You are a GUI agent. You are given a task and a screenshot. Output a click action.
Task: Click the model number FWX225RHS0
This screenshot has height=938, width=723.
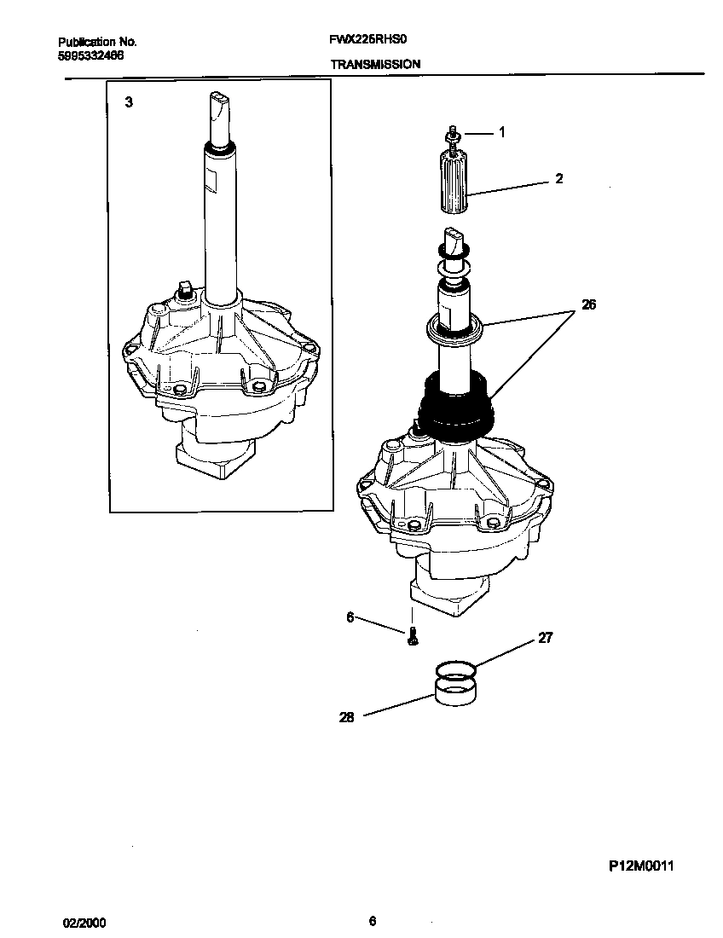pos(372,40)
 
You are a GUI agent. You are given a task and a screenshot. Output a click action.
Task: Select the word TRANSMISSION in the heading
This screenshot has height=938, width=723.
pos(374,64)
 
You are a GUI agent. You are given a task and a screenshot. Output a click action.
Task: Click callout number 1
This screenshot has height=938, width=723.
pos(501,132)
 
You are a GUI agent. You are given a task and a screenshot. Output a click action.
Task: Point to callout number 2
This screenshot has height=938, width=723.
pos(558,179)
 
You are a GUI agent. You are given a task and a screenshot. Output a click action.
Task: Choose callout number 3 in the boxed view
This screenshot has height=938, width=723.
pos(129,102)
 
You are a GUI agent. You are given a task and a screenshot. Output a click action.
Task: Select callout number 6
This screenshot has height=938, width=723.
pos(350,618)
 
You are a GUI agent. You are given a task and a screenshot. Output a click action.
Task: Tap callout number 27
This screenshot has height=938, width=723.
pos(545,638)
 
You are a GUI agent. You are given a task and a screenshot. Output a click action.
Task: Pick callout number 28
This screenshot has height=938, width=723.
pos(346,717)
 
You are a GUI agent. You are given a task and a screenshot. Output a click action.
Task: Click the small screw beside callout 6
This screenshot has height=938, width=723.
pos(413,635)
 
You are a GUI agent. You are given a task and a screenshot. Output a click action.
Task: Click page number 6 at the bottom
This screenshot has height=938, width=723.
pos(373,920)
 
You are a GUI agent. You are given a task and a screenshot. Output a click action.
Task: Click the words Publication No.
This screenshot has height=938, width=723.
pos(97,41)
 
